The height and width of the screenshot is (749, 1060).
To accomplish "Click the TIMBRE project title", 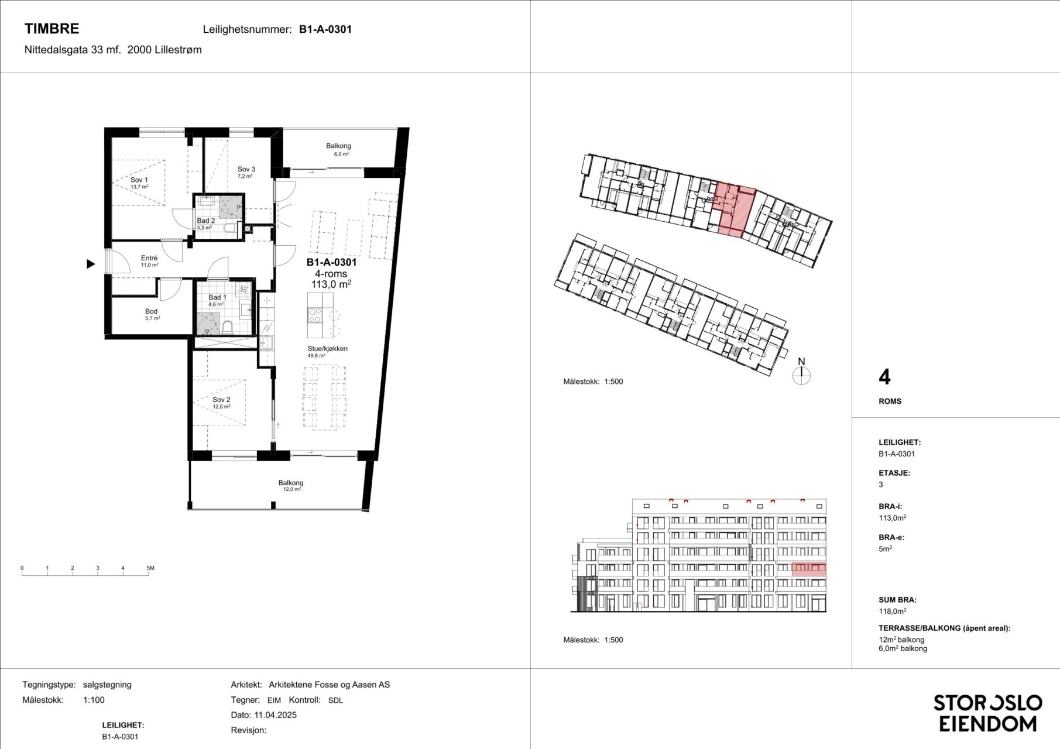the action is pos(52,29).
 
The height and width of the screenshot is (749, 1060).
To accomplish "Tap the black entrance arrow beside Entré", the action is pos(91,264).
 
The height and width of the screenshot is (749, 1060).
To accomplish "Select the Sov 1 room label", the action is pos(139,180).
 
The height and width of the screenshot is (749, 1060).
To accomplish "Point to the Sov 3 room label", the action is pos(246,169).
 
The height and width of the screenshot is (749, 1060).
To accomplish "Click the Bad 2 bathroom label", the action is pos(206,221).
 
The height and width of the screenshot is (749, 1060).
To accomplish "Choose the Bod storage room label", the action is pos(152,311).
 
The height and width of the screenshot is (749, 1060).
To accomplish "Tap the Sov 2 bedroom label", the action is pos(221,400).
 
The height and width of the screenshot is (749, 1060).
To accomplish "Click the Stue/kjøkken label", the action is pos(328,348).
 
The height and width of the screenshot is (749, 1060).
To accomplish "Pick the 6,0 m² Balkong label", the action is pos(339,146).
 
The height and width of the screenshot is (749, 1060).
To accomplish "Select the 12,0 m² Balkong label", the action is pos(291,483).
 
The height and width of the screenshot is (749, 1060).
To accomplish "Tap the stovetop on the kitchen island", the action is pos(314,316).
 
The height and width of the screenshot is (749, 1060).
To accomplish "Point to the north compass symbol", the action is pos(801,372).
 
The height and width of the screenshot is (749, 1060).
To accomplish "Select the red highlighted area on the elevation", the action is pos(809,569).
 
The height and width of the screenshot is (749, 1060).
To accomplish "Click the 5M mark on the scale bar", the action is pos(150,568).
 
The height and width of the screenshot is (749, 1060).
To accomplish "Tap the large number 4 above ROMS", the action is pos(884,377).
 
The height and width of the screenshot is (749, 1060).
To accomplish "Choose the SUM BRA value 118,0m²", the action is pos(893,611).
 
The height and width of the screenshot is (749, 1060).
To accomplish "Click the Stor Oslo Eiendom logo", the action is pos(987,713).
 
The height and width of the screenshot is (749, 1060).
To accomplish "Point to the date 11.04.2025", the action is pos(275,714).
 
